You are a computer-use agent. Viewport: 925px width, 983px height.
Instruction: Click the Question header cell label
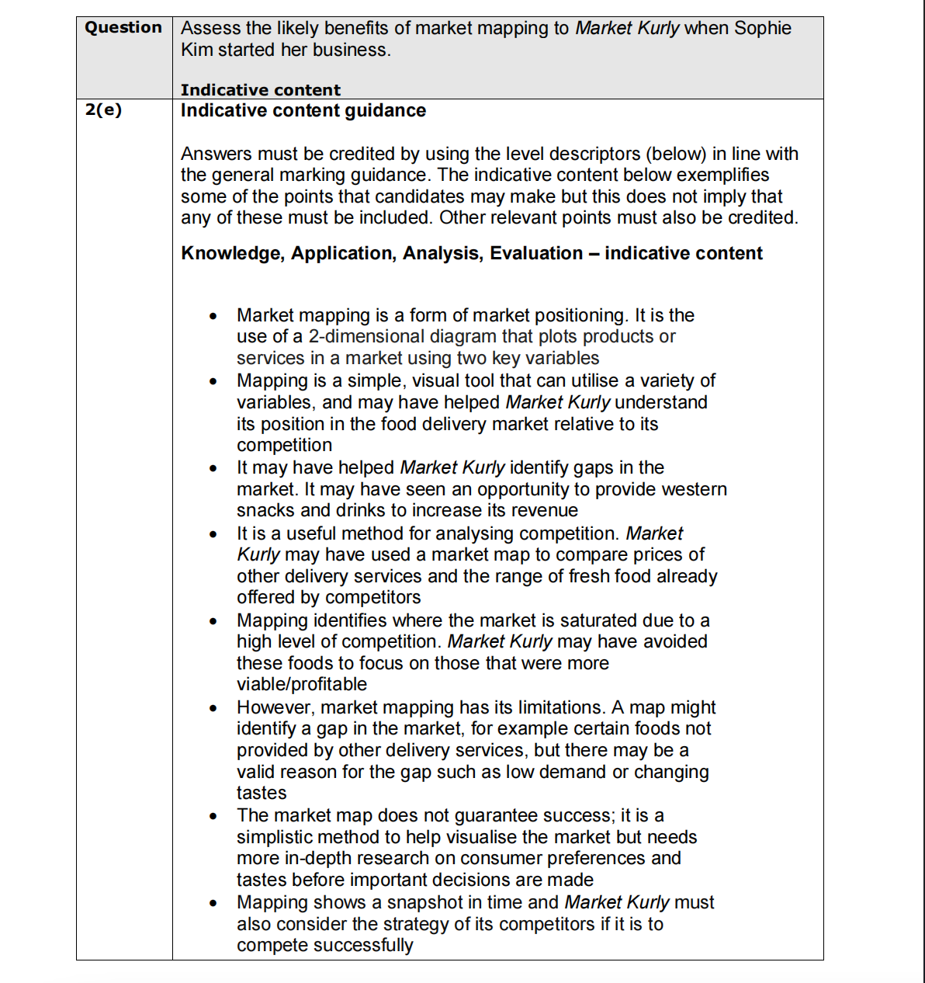pyautogui.click(x=123, y=28)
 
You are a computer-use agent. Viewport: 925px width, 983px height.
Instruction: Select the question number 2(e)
pyautogui.click(x=103, y=110)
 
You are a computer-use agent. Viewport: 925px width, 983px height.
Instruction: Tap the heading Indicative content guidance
pyautogui.click(x=303, y=111)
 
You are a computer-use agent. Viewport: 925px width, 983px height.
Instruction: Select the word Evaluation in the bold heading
pyautogui.click(x=536, y=253)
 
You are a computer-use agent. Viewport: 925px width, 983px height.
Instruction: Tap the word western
pyautogui.click(x=689, y=489)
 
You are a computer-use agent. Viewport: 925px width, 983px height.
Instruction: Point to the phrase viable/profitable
pyautogui.click(x=302, y=685)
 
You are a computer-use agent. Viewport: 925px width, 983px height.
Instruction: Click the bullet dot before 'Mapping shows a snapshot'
pyautogui.click(x=212, y=904)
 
